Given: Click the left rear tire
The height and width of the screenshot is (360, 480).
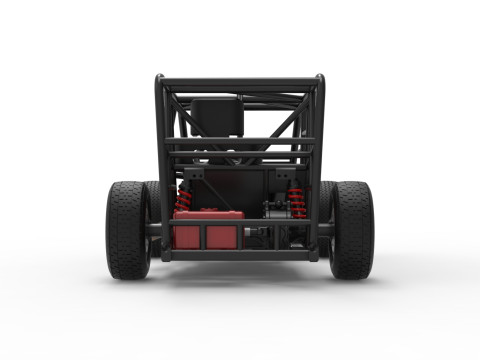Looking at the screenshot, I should click(x=128, y=230).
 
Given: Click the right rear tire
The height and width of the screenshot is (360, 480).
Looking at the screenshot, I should click(x=351, y=230).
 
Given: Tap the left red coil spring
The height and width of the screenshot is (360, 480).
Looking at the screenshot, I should click(x=184, y=200).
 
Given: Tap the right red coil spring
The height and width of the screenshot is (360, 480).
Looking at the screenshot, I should click(x=296, y=201).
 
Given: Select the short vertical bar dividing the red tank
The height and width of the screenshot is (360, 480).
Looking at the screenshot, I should click(x=204, y=236).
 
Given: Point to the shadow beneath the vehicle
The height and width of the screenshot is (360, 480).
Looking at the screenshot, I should click(x=240, y=274).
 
